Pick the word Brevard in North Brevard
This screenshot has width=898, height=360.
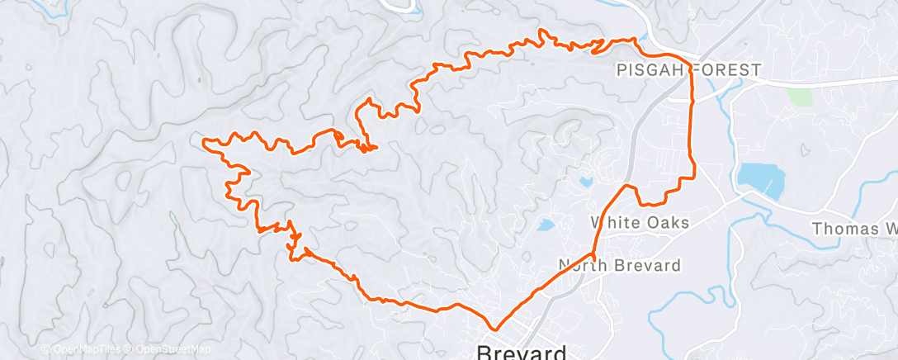[649, 266]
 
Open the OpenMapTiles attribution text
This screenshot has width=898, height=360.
[81, 349]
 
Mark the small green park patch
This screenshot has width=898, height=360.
[800, 97]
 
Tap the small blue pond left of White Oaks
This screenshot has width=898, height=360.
[546, 224]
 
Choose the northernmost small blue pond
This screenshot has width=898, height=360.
[586, 181]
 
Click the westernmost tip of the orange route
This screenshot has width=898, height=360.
[203, 141]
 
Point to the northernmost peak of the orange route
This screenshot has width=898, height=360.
[542, 31]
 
